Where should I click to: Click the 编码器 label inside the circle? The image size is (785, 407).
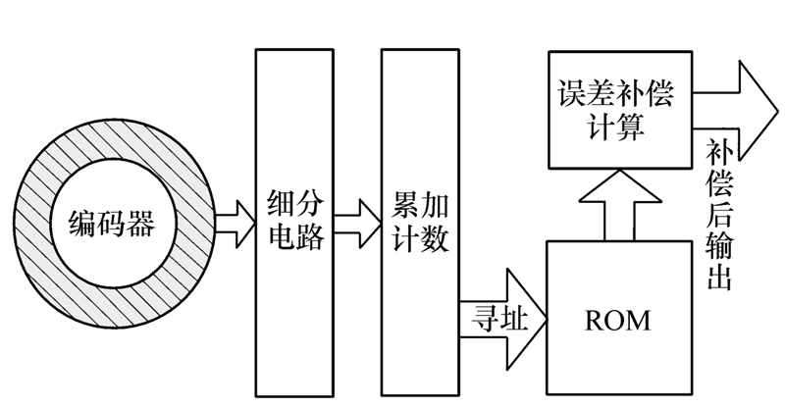(111, 225)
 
